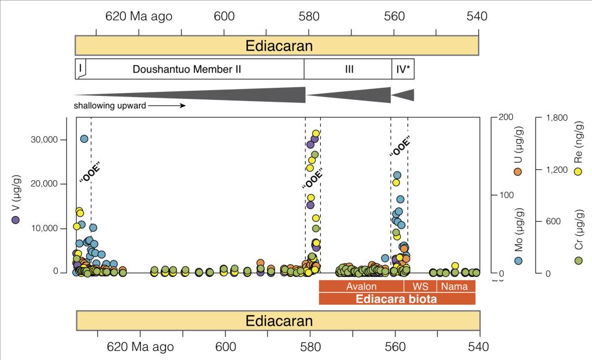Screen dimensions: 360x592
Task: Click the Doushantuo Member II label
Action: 186,69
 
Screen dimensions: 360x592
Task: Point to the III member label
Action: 349,69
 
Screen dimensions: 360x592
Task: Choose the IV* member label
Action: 404,69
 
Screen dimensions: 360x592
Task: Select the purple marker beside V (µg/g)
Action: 16,219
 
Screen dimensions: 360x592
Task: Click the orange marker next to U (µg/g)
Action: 519,171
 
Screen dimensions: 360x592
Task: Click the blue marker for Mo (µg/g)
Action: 519,261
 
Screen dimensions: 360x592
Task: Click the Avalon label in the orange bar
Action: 361,287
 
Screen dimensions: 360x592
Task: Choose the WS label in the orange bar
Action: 419,287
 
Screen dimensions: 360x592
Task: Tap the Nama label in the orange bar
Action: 455,287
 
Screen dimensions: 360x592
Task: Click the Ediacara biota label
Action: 397,299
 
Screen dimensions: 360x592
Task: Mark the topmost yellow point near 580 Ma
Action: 316,134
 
